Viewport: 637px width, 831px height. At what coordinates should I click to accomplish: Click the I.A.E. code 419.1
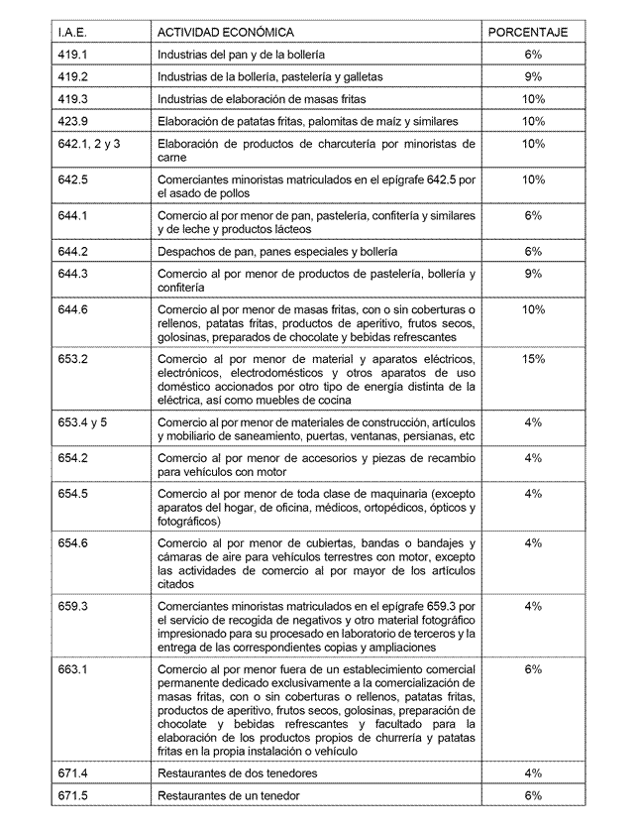(73, 54)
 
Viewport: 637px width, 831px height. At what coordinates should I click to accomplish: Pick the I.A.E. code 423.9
(73, 121)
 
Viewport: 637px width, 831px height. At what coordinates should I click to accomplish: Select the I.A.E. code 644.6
(73, 309)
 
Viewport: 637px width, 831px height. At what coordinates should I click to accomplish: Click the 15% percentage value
(533, 358)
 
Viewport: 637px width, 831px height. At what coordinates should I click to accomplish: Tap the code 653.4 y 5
(83, 422)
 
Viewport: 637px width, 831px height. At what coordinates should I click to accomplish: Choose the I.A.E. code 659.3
(73, 606)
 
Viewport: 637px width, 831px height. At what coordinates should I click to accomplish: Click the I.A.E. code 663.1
(73, 669)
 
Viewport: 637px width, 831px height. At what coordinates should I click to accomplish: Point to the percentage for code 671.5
(533, 795)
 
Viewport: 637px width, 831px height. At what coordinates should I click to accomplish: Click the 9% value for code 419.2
(533, 76)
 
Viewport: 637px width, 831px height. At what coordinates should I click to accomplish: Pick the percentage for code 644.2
(533, 251)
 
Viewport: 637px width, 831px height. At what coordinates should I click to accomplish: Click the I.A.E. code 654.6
(73, 542)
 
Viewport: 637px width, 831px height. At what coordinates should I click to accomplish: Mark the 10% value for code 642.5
(533, 179)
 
